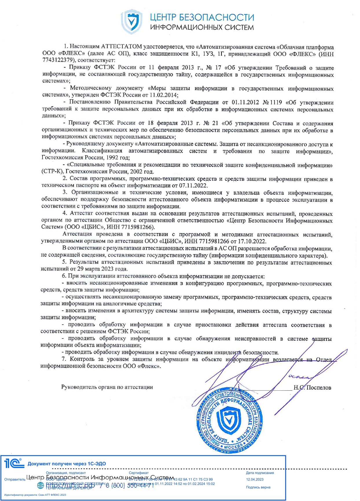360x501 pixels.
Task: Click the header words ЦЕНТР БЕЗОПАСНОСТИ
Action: [202, 17]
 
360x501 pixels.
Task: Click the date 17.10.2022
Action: [251, 241]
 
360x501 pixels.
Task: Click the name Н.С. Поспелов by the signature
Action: [312, 387]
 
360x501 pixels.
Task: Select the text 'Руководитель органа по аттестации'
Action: [107, 387]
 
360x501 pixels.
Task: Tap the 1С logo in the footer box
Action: [13, 463]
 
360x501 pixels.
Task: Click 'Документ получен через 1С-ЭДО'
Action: [67, 464]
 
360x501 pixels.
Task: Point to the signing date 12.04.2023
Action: [255, 479]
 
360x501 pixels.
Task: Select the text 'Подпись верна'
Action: [258, 487]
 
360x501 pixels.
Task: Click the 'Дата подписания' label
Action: [260, 473]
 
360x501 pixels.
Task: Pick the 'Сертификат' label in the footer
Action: [139, 473]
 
